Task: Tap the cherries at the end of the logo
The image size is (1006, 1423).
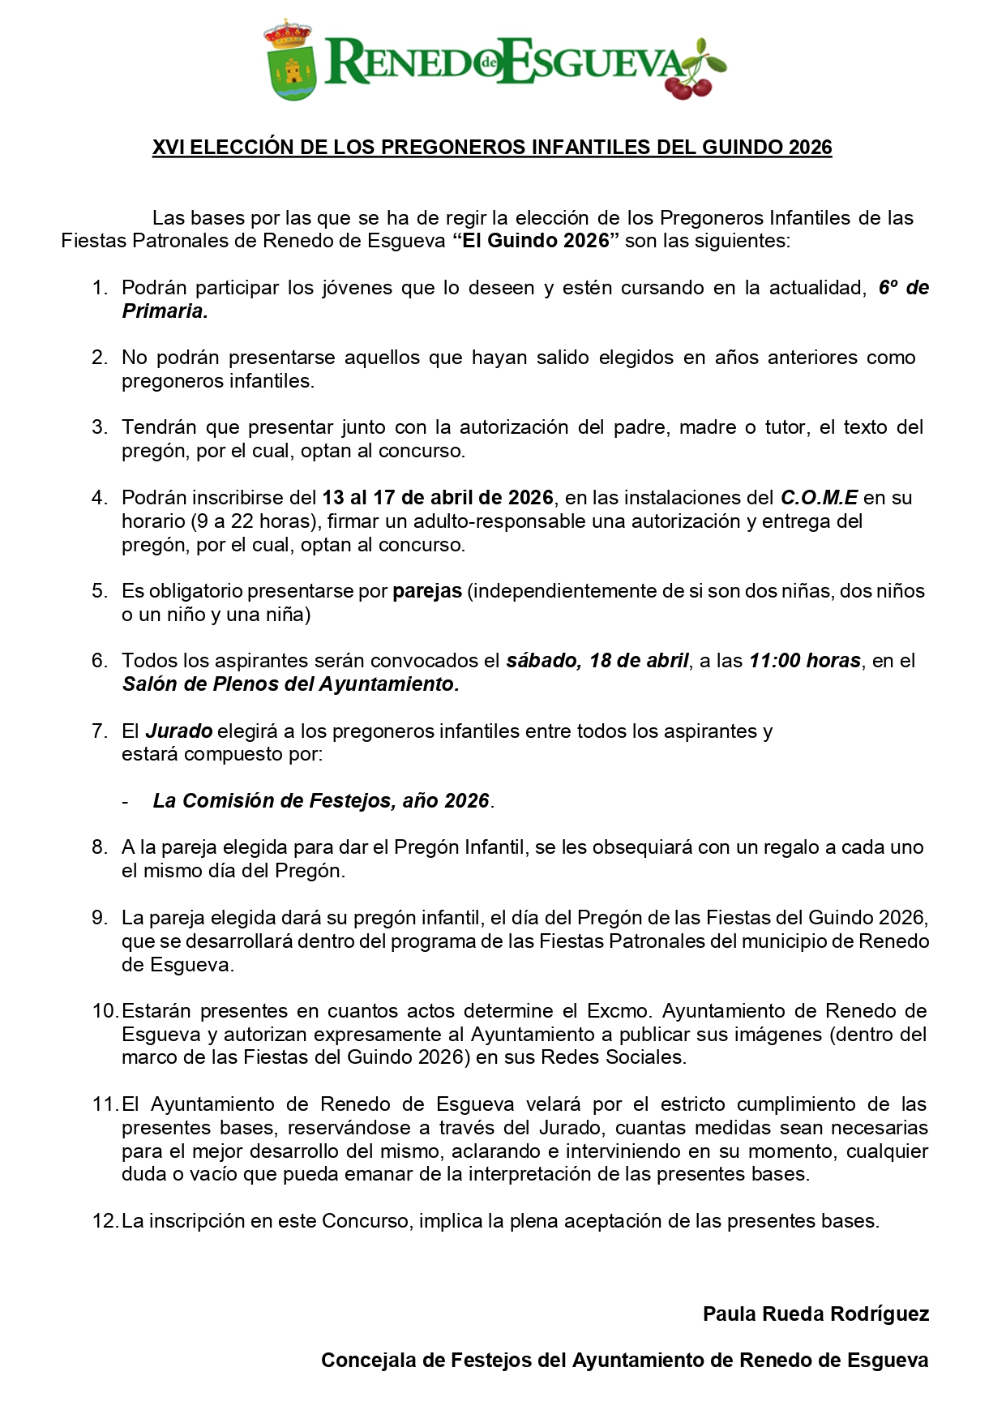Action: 691,77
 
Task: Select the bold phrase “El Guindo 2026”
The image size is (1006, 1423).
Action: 536,241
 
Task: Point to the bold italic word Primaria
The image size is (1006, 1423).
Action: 165,311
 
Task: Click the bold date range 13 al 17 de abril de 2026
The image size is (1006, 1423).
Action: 438,498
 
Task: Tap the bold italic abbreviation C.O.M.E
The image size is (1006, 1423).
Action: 819,498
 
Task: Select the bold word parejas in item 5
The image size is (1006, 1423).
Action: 427,591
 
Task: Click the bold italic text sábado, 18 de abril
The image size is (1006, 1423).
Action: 597,661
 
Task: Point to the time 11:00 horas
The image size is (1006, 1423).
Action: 804,661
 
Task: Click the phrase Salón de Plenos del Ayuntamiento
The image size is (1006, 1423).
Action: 290,684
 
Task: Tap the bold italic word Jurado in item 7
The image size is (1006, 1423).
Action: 179,731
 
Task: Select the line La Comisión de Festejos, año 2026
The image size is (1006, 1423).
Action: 323,801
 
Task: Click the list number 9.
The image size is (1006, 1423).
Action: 100,918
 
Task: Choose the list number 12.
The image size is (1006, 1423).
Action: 105,1221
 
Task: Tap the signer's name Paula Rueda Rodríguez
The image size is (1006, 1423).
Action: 816,1314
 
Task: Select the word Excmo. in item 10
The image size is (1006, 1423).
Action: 619,1011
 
